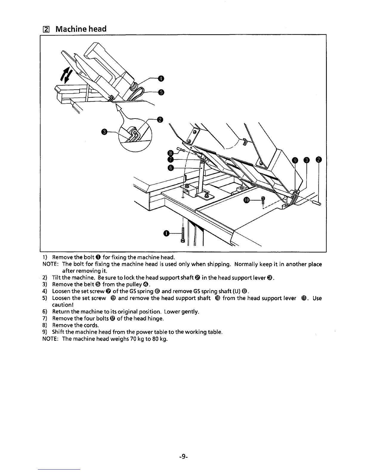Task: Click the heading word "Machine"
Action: (x=70, y=29)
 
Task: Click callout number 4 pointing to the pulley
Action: (x=161, y=79)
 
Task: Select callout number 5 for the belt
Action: (x=161, y=92)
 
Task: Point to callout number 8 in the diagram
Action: (x=170, y=153)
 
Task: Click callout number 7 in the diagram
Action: (x=170, y=160)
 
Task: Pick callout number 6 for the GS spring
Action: (x=170, y=168)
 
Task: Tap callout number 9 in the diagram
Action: (x=295, y=160)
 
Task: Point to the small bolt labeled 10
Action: (x=263, y=200)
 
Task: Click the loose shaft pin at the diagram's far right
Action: (x=316, y=203)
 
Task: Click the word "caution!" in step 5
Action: (x=63, y=305)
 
